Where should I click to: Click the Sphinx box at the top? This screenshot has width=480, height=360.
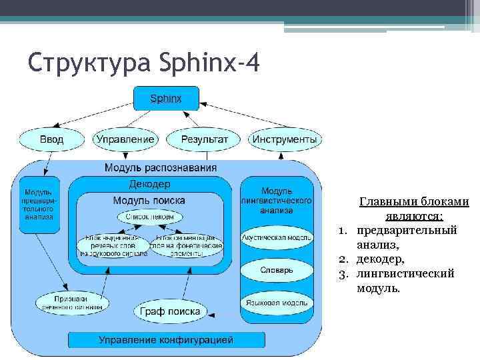pyautogui.click(x=165, y=99)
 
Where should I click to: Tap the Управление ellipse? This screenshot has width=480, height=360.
pyautogui.click(x=125, y=139)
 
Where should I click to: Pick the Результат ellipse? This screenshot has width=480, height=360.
pyautogui.click(x=205, y=139)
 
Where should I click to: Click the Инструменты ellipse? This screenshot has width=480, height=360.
pyautogui.click(x=284, y=139)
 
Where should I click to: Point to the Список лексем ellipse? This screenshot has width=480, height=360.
pyautogui.click(x=149, y=217)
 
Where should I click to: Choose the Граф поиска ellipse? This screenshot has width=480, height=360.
pyautogui.click(x=170, y=311)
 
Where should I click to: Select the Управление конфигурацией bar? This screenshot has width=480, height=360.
pyautogui.click(x=166, y=340)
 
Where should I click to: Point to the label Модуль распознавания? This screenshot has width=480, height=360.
pyautogui.click(x=161, y=167)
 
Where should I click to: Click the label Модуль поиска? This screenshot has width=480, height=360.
pyautogui.click(x=149, y=200)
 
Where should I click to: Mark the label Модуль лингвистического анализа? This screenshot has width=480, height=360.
pyautogui.click(x=276, y=201)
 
